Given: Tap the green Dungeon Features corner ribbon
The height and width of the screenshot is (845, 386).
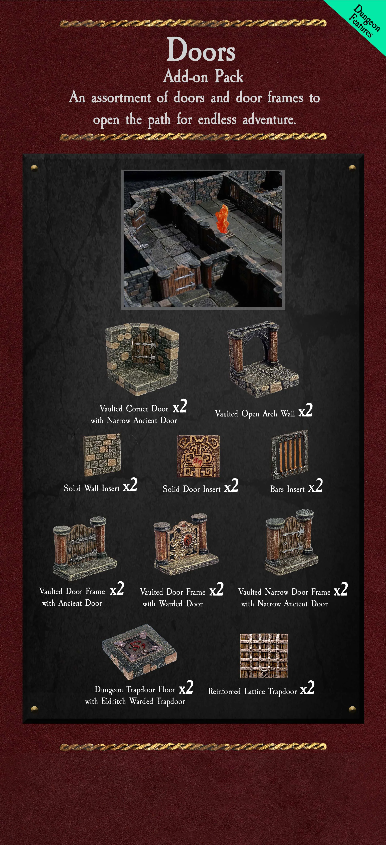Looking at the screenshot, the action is click(x=364, y=21).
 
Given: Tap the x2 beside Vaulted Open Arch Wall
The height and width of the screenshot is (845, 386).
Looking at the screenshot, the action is click(x=305, y=410).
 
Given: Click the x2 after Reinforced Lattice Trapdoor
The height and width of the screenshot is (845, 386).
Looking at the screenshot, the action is click(x=307, y=688).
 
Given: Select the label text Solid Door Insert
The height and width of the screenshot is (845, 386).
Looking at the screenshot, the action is click(x=192, y=489).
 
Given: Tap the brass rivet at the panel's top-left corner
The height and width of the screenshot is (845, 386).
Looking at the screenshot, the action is click(x=34, y=168).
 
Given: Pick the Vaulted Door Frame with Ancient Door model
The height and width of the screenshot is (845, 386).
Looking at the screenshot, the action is click(x=85, y=548).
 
